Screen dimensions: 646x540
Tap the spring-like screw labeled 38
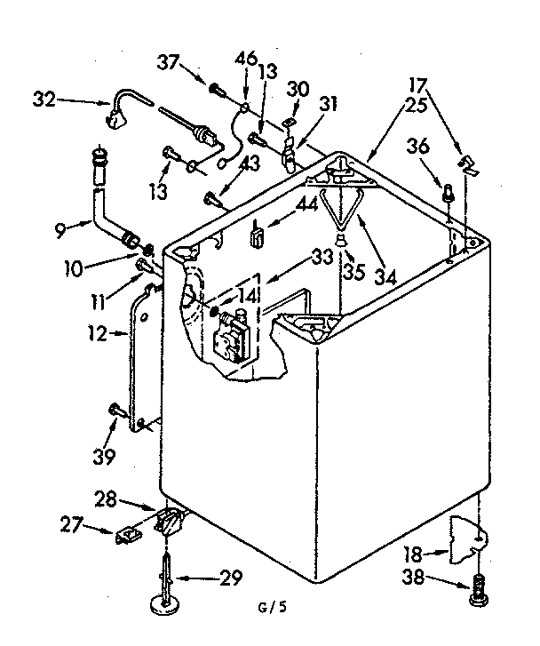pyautogui.click(x=479, y=587)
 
